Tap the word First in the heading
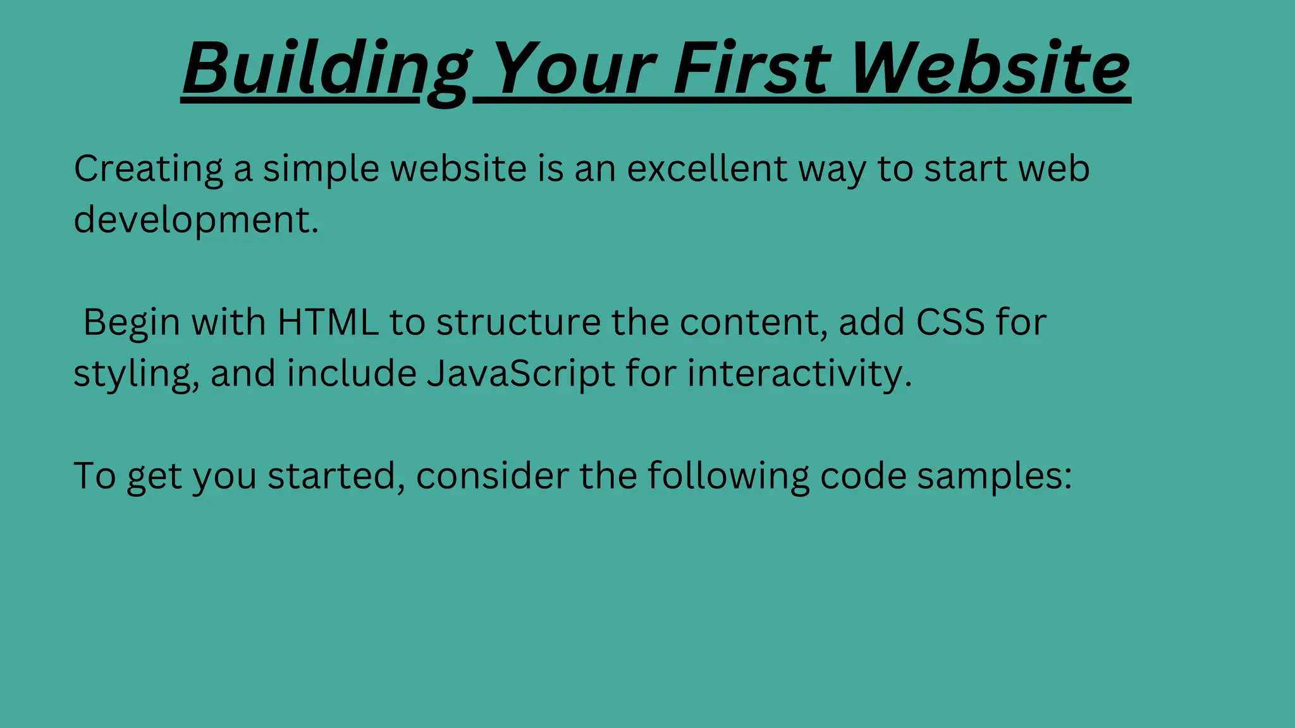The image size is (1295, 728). (752, 68)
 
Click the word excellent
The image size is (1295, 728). (707, 169)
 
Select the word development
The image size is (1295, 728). (196, 221)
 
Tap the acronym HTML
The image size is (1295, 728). (328, 322)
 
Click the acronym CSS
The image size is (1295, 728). (950, 322)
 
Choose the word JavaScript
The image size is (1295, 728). (520, 373)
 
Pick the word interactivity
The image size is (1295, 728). (799, 373)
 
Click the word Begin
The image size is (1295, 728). (132, 322)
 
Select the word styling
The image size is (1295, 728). (136, 373)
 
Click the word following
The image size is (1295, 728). (728, 476)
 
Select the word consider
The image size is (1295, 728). (492, 476)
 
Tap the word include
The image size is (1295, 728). (352, 373)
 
